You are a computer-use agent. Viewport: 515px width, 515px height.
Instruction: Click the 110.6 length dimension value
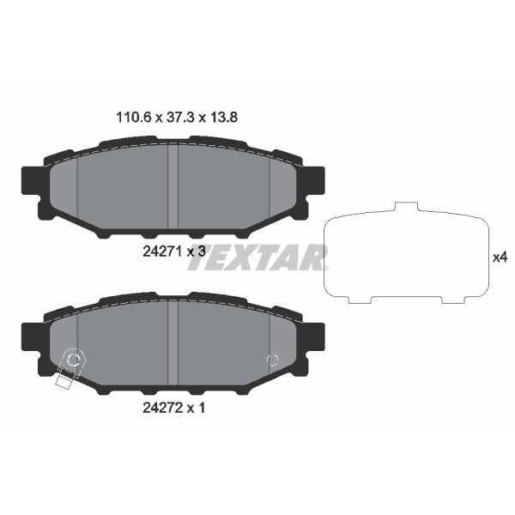click(x=133, y=118)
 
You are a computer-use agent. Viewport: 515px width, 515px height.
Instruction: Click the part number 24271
click(x=162, y=251)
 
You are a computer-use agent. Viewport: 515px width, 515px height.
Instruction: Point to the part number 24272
click(x=162, y=409)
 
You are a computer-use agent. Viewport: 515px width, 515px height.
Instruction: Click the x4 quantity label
click(x=500, y=257)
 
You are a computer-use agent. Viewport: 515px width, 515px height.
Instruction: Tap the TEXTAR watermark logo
click(x=257, y=257)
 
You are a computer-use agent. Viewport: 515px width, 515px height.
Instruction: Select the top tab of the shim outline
click(x=406, y=207)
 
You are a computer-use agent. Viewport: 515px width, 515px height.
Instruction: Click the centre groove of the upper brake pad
click(x=173, y=187)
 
